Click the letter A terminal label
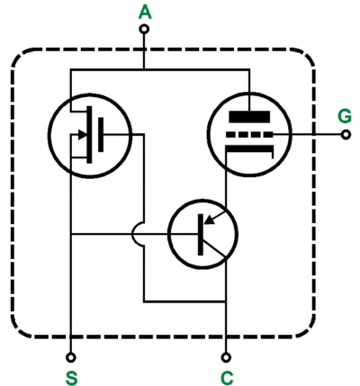point(145,13)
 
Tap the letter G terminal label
point(345,116)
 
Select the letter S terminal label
point(71,378)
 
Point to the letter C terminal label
point(227,378)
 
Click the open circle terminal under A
point(144,29)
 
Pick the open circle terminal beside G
point(346,135)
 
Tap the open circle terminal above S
point(71,357)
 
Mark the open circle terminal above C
point(226,357)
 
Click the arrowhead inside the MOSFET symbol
point(82,135)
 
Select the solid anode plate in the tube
point(249,116)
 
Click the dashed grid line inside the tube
point(249,135)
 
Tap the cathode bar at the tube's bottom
point(249,149)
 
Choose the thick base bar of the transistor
point(201,235)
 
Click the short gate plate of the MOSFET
point(101,135)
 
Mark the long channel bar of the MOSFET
point(89,135)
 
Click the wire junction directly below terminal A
point(144,69)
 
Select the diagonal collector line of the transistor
point(214,246)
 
